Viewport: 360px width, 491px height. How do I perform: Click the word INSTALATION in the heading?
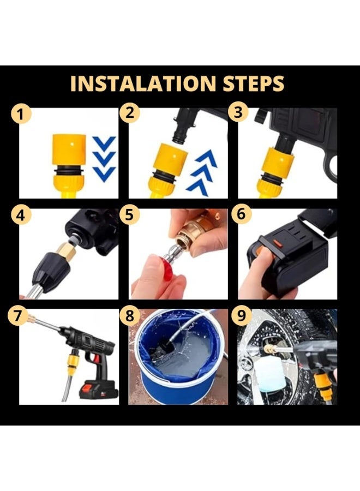(143, 83)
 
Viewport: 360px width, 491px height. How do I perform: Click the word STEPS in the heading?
(253, 83)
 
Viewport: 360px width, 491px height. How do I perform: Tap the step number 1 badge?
(21, 114)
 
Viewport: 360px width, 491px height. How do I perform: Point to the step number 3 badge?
(238, 112)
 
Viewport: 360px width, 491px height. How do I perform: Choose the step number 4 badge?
(21, 215)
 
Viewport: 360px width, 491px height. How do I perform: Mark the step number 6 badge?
(241, 214)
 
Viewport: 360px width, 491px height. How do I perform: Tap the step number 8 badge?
(130, 316)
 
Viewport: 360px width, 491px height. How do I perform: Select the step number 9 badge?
(241, 316)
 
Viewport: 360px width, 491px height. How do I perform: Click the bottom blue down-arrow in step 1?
(104, 174)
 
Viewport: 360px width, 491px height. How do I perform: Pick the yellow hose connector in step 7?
(73, 363)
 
